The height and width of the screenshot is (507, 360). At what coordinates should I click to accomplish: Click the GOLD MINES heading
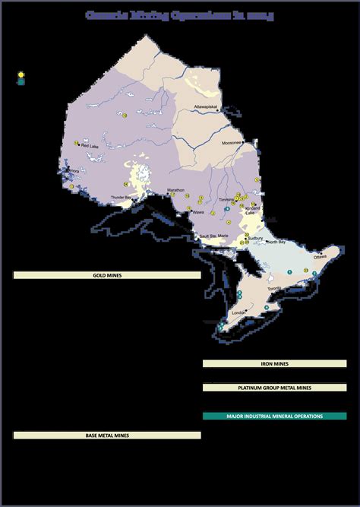click(x=107, y=275)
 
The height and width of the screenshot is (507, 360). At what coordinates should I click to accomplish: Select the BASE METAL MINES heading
click(x=107, y=436)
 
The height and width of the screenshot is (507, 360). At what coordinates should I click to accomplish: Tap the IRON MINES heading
click(x=274, y=364)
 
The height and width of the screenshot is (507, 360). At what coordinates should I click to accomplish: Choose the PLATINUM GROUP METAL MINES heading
click(x=274, y=388)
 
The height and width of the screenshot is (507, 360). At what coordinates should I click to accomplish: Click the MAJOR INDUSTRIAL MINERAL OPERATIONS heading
click(x=274, y=417)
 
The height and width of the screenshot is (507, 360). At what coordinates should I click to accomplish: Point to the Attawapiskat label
click(x=207, y=106)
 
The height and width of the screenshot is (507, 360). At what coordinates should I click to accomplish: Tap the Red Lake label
click(x=90, y=146)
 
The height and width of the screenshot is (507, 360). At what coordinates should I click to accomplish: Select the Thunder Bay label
click(x=122, y=197)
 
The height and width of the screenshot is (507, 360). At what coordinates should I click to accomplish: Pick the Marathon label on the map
click(x=175, y=190)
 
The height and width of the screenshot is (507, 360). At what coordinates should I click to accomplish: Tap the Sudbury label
click(x=255, y=237)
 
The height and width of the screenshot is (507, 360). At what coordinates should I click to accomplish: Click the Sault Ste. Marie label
click(x=213, y=236)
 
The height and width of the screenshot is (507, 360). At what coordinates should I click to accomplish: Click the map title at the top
click(x=180, y=14)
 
